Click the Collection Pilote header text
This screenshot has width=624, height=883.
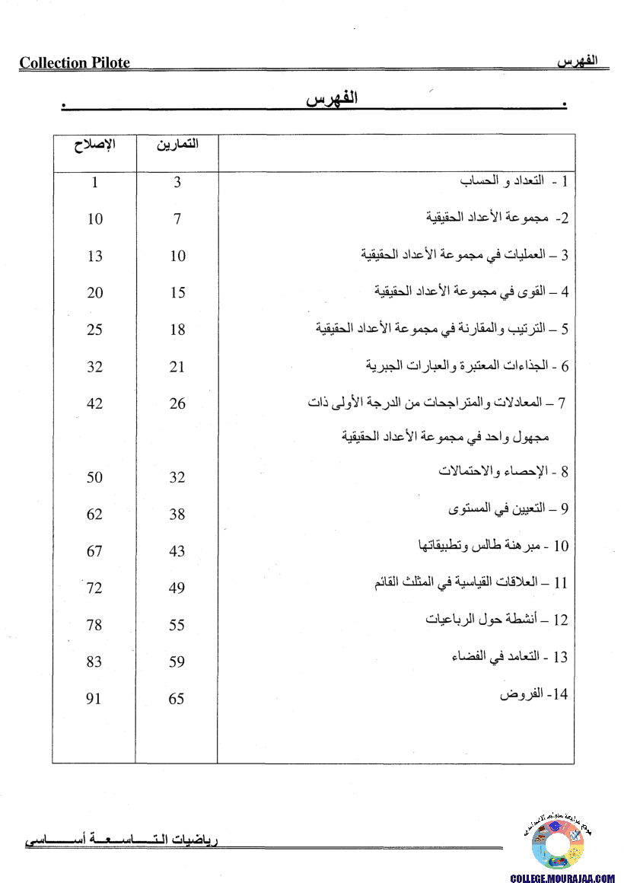coord(75,63)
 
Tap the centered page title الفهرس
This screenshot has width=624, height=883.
coord(332,100)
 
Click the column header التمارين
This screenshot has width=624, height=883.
coord(177,145)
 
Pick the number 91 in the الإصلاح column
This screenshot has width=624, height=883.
coord(94,698)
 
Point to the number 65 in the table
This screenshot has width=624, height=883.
coord(177,698)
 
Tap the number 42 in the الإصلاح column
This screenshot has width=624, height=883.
coord(94,403)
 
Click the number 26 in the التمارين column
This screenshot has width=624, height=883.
coord(177,403)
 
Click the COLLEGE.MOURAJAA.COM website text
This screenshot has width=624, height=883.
coord(562,878)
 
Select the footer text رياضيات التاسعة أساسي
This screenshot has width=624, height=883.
coord(122,842)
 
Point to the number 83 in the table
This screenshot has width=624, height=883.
coord(94,661)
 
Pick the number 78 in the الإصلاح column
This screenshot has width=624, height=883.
coord(94,625)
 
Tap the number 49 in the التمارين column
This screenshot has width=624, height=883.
coord(177,588)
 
